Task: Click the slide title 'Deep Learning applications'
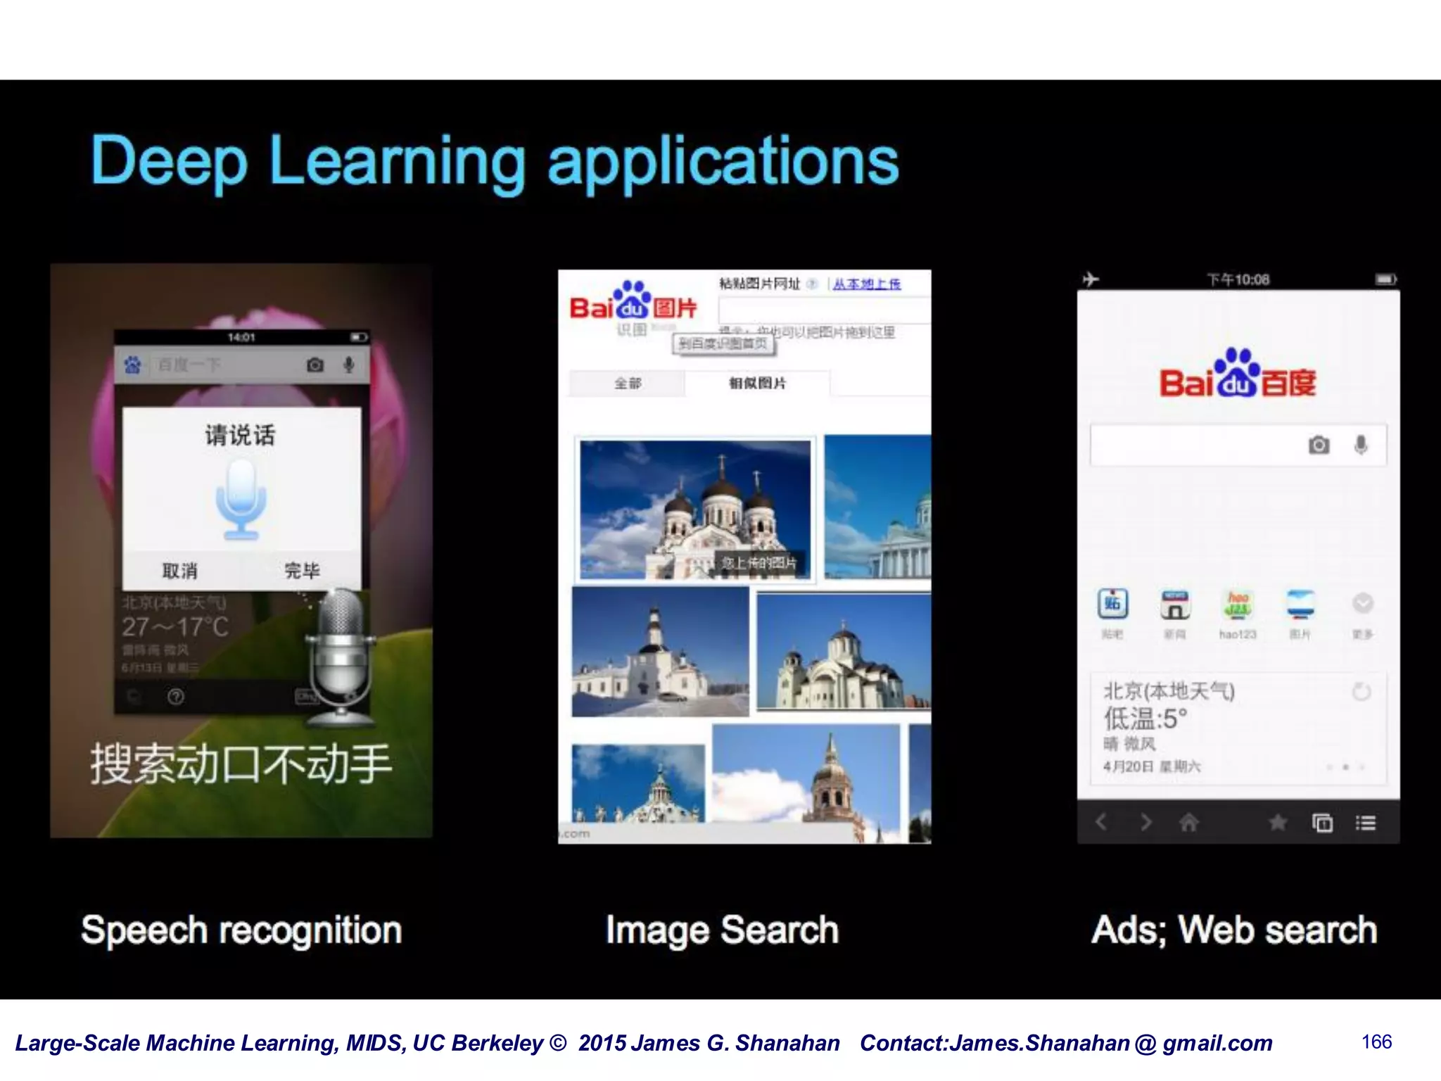(495, 161)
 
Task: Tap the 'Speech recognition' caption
(241, 930)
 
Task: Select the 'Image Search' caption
(722, 930)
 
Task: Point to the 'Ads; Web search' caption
(1234, 930)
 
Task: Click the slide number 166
(1376, 1042)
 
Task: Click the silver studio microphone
(341, 655)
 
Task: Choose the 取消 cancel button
(180, 571)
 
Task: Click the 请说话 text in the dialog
(240, 435)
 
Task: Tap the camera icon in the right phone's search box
(1319, 445)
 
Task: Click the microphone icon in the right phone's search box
(1361, 445)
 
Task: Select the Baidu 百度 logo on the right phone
(1238, 376)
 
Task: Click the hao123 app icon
(1237, 605)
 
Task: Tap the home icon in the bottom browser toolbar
(1189, 822)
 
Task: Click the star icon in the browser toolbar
(1278, 822)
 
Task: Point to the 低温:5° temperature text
(1145, 719)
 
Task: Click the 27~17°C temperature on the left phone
(175, 626)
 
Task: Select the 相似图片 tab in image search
(757, 383)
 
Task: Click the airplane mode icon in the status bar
(1091, 279)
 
